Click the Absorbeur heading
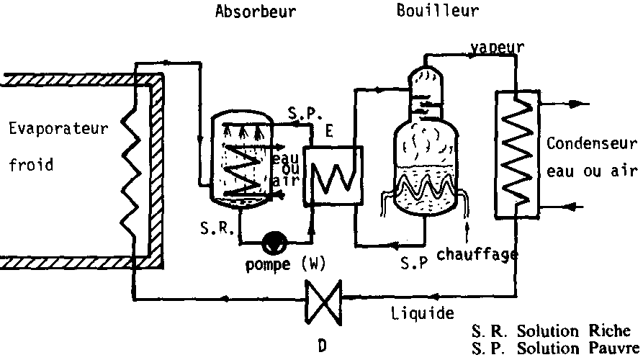(x=255, y=12)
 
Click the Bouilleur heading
(x=438, y=12)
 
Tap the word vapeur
(x=497, y=48)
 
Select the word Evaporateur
(x=58, y=130)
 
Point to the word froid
(x=31, y=164)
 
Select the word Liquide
(x=423, y=313)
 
